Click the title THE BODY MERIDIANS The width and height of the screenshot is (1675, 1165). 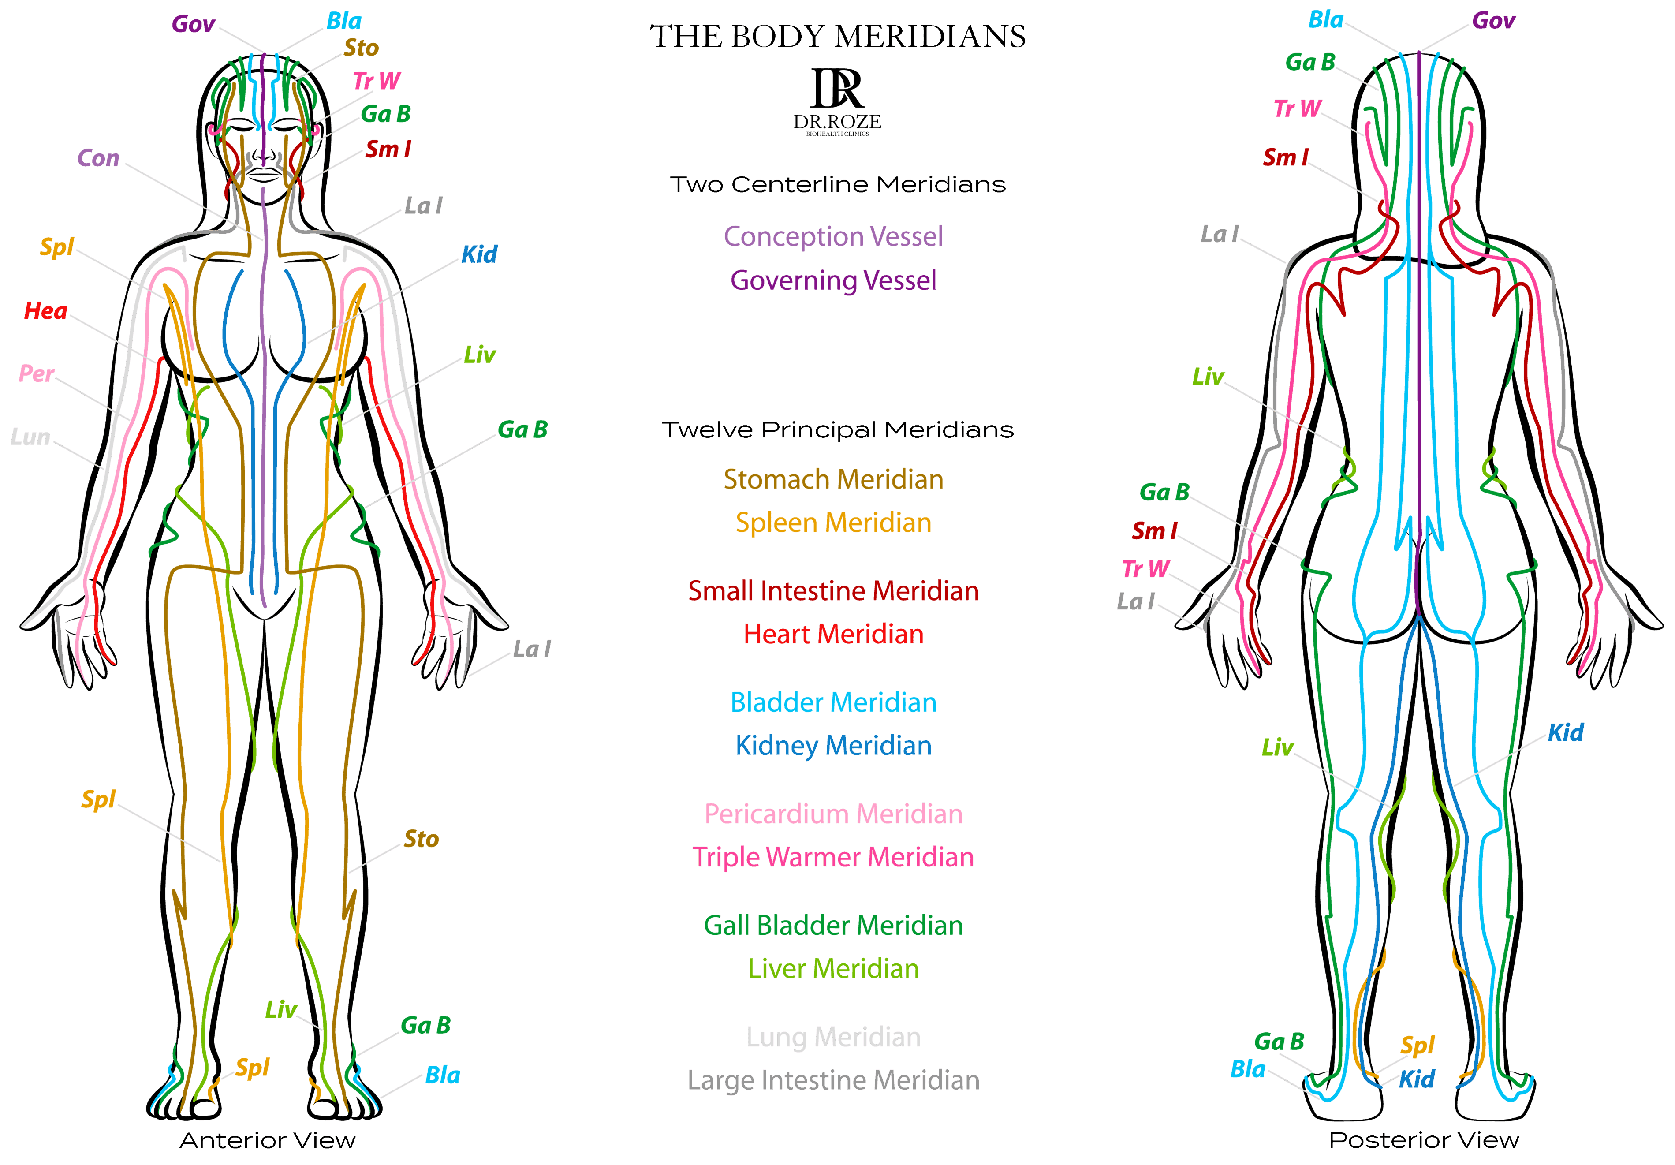click(x=838, y=37)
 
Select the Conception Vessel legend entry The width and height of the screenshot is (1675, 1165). click(x=833, y=236)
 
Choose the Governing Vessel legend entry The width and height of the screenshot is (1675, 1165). click(x=833, y=280)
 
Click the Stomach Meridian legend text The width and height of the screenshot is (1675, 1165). click(x=833, y=479)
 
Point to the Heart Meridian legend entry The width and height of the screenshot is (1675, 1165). click(x=833, y=634)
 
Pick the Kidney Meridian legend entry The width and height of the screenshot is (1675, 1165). click(x=833, y=746)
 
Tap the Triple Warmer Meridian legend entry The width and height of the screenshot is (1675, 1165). click(x=833, y=857)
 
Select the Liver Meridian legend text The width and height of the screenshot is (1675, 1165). click(x=833, y=969)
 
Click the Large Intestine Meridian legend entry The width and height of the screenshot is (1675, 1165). click(x=833, y=1080)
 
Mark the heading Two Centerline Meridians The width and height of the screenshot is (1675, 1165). click(x=838, y=185)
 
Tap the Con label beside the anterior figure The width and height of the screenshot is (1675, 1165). click(x=98, y=158)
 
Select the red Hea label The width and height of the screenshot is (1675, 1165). click(x=45, y=311)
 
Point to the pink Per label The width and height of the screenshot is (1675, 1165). click(x=37, y=373)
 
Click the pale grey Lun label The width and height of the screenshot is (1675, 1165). click(x=30, y=437)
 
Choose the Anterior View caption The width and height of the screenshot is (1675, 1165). click(x=268, y=1140)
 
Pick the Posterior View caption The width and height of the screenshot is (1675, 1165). click(x=1424, y=1140)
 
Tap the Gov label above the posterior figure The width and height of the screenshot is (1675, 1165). click(x=1493, y=20)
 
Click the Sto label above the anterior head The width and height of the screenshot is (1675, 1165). click(x=361, y=48)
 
